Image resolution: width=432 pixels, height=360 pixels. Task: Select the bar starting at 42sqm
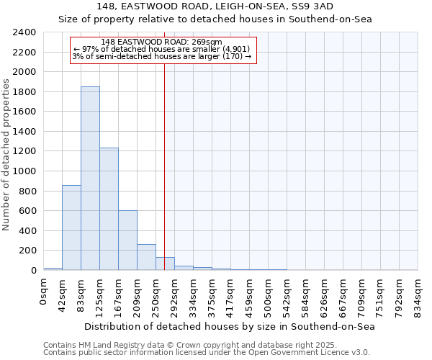pos(71,228)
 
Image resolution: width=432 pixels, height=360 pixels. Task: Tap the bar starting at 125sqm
pos(109,209)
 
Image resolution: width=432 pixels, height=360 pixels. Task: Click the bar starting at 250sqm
pos(165,264)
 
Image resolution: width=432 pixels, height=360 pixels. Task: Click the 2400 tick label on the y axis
pos(24,32)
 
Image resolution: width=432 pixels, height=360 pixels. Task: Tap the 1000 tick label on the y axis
pos(24,171)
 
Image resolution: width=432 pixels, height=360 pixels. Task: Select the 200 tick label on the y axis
pos(27,251)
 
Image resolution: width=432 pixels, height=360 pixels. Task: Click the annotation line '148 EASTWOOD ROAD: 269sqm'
pos(162,42)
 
